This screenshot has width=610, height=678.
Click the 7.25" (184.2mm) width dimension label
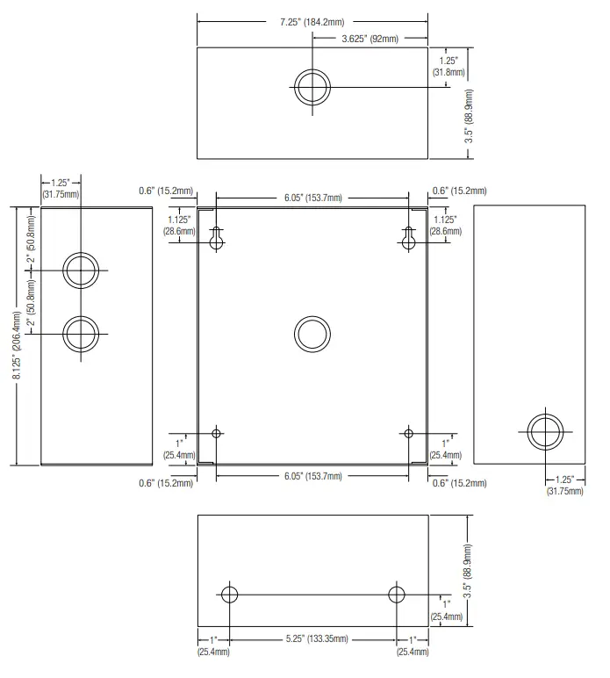312,22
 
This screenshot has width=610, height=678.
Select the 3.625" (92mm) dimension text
370,39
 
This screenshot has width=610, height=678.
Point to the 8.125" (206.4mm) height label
18,345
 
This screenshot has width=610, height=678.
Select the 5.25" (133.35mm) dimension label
317,638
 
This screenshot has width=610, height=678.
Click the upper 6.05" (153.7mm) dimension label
312,198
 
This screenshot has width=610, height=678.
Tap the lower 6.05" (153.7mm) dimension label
312,476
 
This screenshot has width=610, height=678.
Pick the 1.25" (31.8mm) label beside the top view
449,67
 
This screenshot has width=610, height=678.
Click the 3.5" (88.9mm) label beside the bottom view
468,571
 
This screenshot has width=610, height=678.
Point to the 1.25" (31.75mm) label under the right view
564,485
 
